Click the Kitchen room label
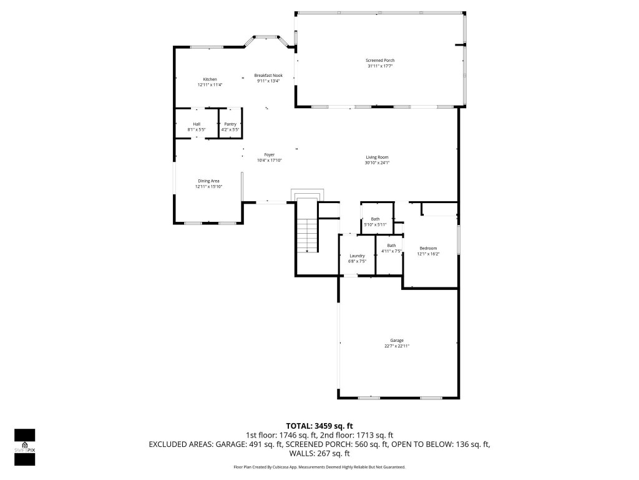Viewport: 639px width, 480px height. click(210, 79)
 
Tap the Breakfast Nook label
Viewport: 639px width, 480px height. click(268, 75)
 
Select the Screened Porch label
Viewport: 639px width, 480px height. click(380, 61)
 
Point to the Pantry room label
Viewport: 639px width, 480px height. click(230, 124)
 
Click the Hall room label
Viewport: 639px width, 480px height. click(197, 124)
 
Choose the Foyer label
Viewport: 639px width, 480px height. click(270, 155)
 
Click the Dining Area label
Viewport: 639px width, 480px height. click(208, 181)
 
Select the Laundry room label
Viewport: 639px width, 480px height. click(357, 256)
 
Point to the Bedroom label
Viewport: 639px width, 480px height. click(428, 249)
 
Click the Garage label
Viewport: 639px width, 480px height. click(397, 341)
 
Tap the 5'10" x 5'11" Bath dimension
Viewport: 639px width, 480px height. click(375, 224)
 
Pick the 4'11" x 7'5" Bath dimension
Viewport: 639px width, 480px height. click(391, 251)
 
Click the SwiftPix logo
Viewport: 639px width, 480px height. click(24, 447)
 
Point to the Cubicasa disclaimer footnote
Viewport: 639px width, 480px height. click(319, 467)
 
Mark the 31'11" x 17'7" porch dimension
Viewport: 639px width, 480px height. click(380, 66)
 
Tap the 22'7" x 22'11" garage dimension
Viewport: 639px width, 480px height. click(397, 346)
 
